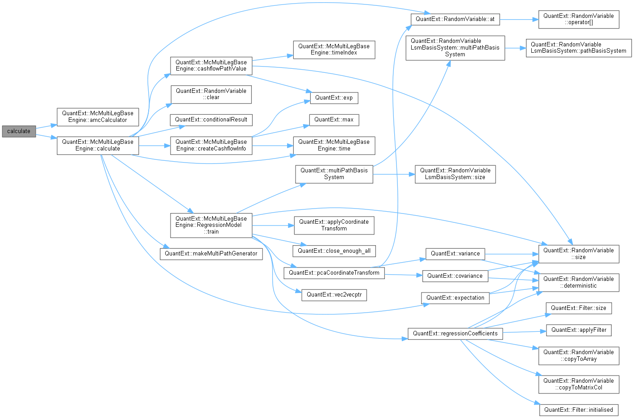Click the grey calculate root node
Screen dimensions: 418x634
[x=19, y=131]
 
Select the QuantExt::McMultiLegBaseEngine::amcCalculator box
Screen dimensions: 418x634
[x=98, y=117]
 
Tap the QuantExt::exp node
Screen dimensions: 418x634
[x=334, y=98]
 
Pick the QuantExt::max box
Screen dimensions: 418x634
[x=334, y=120]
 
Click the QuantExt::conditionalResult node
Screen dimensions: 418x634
[x=211, y=120]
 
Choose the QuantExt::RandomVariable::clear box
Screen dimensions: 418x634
[x=211, y=94]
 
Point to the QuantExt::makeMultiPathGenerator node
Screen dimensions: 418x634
[x=211, y=254]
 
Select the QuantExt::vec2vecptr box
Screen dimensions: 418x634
[x=334, y=295]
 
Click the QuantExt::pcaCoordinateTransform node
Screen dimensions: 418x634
[x=334, y=273]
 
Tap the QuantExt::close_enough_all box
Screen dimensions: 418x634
[x=334, y=251]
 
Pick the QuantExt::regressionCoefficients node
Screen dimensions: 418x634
[x=455, y=334]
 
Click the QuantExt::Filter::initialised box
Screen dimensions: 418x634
[x=578, y=410]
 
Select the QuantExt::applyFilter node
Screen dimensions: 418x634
[x=579, y=330]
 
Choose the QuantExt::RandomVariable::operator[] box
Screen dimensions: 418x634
[x=578, y=19]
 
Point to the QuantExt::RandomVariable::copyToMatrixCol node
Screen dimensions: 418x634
[x=578, y=384]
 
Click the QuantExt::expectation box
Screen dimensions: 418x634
[x=455, y=298]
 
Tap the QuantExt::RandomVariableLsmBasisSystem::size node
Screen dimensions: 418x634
[x=455, y=174]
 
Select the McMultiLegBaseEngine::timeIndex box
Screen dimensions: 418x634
[x=334, y=50]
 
